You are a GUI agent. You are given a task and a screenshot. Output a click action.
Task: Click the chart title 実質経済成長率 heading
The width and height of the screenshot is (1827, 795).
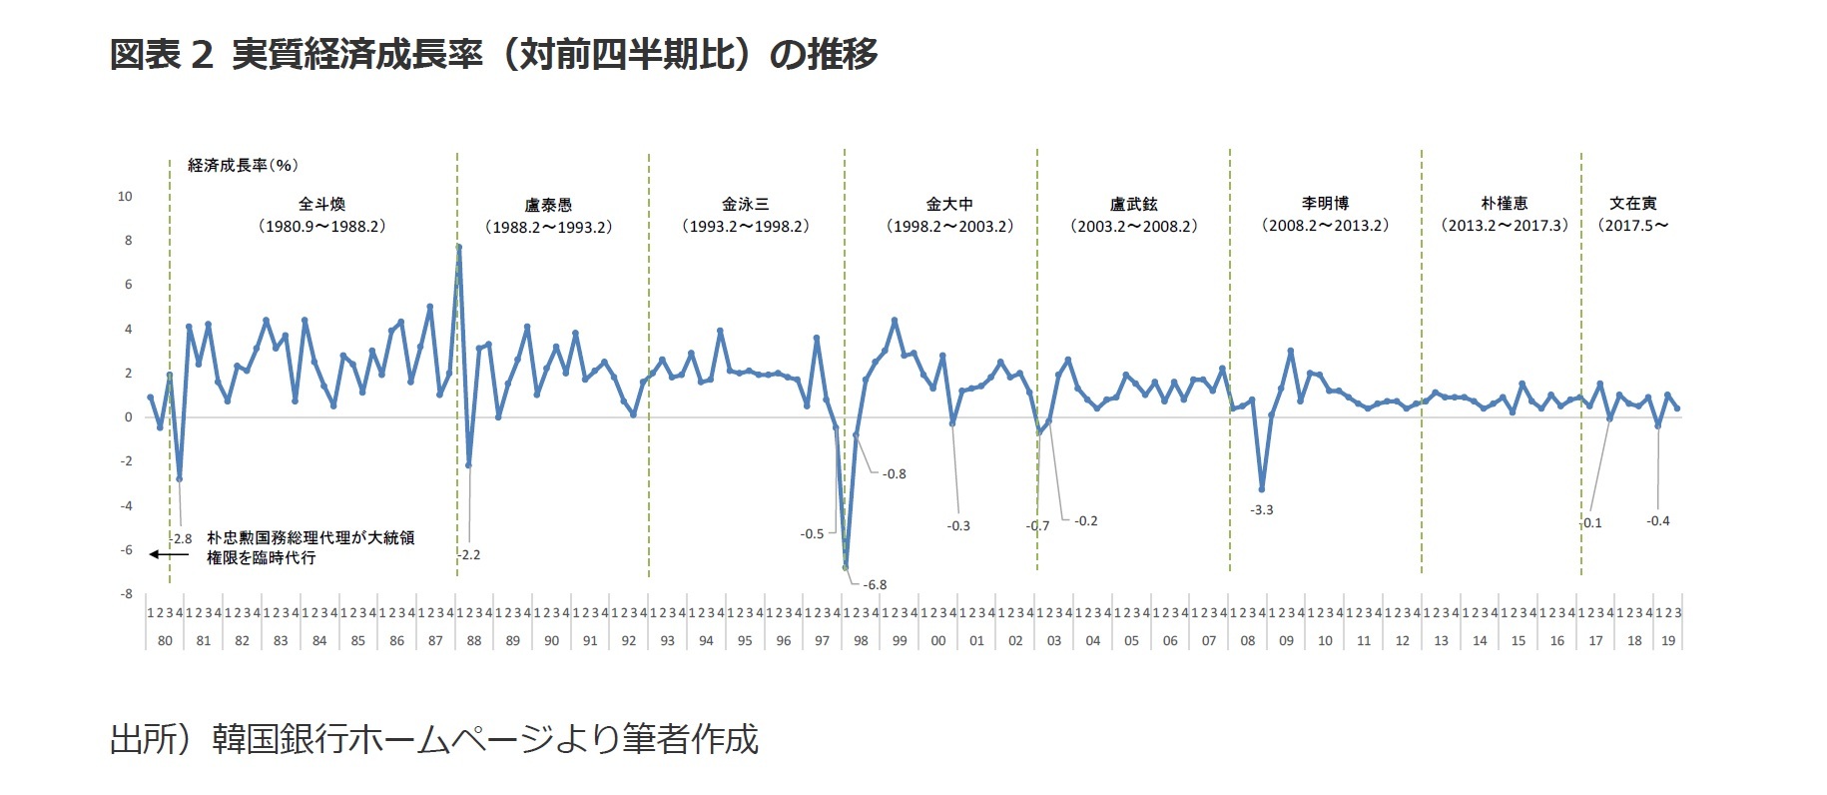[x=493, y=54]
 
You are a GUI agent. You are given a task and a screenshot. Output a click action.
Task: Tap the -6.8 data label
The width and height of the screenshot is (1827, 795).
[x=875, y=584]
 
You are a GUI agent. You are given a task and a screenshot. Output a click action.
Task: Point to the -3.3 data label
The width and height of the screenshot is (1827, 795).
[x=1262, y=509]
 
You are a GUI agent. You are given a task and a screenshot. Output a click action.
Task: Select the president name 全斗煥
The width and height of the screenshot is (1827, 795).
[x=321, y=204]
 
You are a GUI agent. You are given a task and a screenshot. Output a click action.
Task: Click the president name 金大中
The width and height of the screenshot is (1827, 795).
[x=948, y=204]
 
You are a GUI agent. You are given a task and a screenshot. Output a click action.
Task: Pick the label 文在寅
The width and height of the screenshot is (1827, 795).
[x=1632, y=204]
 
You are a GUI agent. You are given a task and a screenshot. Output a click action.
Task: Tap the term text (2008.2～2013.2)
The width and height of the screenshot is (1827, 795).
[x=1325, y=226]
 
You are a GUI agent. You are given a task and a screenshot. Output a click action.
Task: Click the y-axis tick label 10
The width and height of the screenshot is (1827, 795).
[x=125, y=197]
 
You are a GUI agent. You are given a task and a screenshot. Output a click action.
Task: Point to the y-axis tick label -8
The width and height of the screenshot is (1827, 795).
[x=126, y=594]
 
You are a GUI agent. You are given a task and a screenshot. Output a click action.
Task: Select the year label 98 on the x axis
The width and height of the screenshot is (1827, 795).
[x=861, y=640]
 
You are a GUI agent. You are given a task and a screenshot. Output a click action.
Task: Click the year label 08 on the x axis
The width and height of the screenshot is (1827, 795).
[x=1248, y=640]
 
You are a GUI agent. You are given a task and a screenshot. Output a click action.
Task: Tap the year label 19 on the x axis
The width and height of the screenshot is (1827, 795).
[x=1668, y=640]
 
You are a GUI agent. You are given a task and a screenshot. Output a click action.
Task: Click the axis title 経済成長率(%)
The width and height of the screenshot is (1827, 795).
[x=243, y=165]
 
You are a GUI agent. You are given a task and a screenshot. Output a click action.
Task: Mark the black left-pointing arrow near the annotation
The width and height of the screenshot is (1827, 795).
[x=167, y=554]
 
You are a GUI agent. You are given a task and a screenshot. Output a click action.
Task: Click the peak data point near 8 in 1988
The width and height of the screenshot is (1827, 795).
[x=458, y=247]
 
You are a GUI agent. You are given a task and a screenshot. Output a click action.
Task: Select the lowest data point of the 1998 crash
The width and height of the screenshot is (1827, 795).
[x=846, y=567]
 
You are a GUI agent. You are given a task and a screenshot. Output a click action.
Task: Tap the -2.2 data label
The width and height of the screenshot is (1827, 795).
[x=469, y=554]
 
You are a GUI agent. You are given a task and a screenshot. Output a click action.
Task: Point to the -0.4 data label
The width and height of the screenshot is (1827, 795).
[x=1657, y=520]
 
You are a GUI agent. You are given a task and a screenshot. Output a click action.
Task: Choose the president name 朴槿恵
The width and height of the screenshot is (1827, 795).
[x=1504, y=204]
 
